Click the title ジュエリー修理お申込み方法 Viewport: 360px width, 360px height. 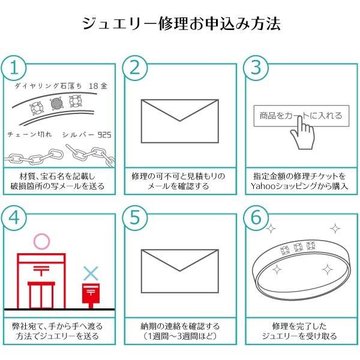[181, 25]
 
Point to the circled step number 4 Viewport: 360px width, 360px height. [16, 219]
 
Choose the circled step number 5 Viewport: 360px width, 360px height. [136, 219]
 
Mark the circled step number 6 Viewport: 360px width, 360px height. [256, 219]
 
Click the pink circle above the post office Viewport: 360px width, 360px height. [41, 241]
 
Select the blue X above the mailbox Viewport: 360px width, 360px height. [90, 274]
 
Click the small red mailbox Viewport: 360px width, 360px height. [90, 294]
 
